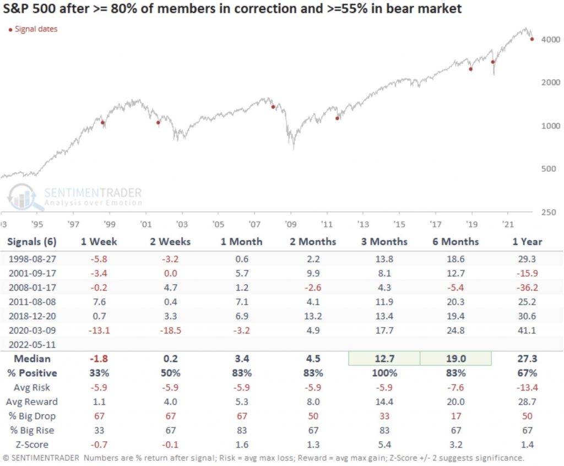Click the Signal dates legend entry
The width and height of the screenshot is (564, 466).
click(35, 29)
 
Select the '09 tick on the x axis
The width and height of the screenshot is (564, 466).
click(290, 225)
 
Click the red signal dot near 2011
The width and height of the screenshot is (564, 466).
click(337, 118)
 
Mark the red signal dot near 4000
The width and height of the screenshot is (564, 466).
click(532, 39)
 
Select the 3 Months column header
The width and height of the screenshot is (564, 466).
click(385, 241)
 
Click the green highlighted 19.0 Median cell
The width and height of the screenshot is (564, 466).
click(455, 358)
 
